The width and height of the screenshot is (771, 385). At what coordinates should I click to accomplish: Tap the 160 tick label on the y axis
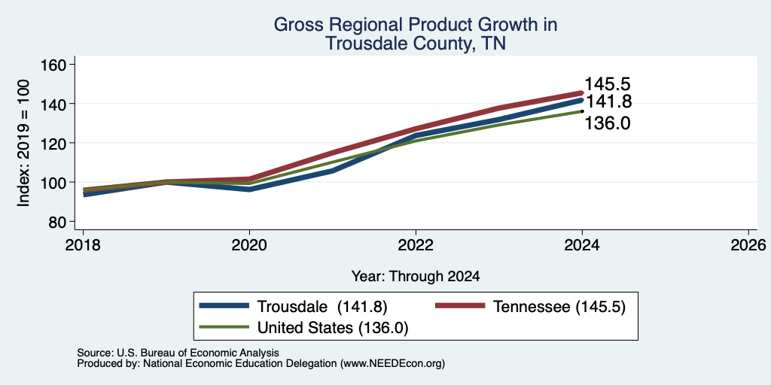[55, 65]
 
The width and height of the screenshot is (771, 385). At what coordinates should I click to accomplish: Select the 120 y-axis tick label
[55, 144]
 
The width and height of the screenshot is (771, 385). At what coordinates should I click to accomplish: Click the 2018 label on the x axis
[83, 245]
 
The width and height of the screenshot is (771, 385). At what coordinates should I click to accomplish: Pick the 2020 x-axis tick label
[249, 245]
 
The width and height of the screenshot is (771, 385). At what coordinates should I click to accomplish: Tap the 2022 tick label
[416, 245]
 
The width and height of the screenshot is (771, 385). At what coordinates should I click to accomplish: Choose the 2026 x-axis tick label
[748, 245]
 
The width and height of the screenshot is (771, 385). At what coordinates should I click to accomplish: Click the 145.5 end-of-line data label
[608, 84]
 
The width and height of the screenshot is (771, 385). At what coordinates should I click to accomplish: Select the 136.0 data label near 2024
[608, 123]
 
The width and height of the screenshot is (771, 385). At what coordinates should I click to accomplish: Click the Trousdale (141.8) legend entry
[294, 307]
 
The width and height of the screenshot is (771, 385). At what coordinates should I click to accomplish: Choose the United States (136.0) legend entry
[304, 327]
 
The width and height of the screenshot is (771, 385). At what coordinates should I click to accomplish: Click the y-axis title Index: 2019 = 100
[23, 143]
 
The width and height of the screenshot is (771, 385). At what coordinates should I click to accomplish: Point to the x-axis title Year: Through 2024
[416, 277]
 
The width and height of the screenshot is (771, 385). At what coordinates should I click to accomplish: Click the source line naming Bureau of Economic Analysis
[178, 353]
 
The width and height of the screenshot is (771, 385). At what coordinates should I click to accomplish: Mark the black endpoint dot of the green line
[582, 111]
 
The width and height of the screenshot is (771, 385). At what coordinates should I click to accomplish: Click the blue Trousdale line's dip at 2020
[249, 189]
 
